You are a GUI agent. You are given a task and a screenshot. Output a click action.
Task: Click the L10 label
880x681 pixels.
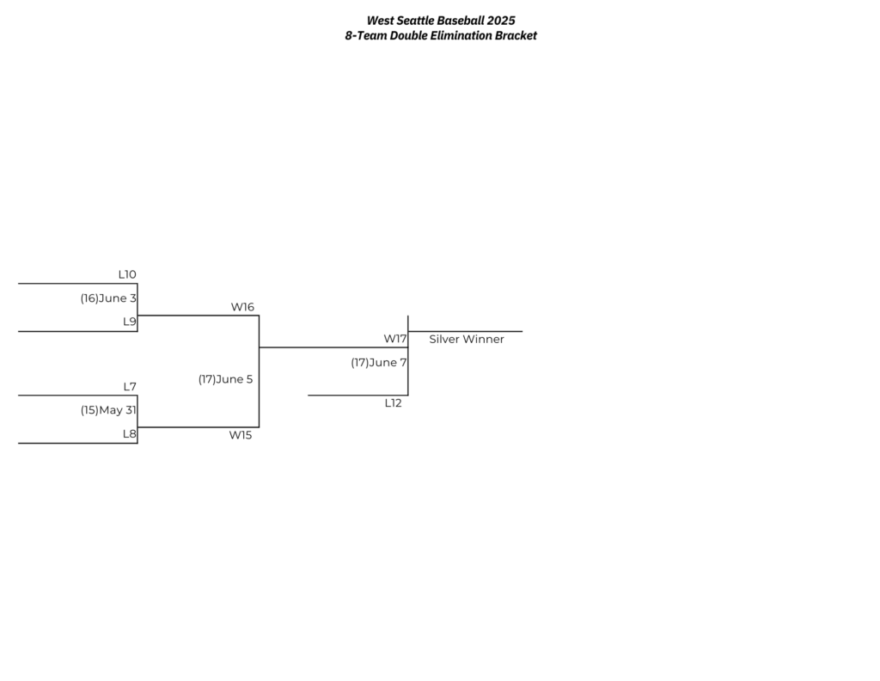[x=127, y=274]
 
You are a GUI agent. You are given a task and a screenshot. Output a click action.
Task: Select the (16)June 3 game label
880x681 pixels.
[x=108, y=298]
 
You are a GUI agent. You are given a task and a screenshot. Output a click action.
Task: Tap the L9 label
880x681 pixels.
[x=130, y=322]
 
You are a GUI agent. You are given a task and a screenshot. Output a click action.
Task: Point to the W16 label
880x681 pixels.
[x=242, y=307]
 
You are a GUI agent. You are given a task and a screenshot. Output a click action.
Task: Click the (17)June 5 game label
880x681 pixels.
[x=226, y=379]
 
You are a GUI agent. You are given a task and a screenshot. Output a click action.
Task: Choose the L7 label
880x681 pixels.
[x=130, y=387]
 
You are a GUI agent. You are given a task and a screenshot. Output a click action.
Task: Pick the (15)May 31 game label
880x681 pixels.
[x=108, y=410]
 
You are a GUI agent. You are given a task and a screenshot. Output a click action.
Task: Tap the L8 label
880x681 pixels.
[x=130, y=434]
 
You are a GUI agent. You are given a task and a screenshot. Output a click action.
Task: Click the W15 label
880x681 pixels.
[x=241, y=435]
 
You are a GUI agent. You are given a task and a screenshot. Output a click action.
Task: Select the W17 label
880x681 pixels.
[x=395, y=339]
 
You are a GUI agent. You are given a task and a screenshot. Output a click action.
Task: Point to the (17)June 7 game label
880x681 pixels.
[x=379, y=363]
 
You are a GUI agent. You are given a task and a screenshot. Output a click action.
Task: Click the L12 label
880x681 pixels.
[x=393, y=403]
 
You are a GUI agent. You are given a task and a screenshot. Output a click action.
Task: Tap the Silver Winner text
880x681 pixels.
[x=467, y=339]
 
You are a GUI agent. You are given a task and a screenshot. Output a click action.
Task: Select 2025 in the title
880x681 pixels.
[x=501, y=21]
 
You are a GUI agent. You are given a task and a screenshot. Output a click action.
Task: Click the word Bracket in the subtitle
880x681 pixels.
[x=516, y=36]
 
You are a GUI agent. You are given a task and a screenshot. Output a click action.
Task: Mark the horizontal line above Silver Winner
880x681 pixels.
[x=465, y=331]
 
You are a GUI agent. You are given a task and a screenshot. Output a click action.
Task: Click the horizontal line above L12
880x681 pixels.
[x=358, y=396]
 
